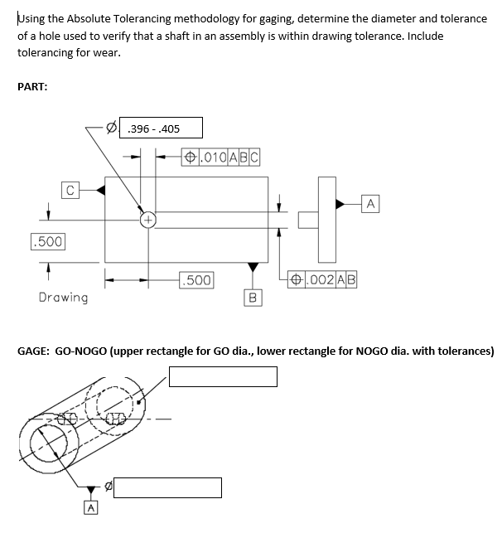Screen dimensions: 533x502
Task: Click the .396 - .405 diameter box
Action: [x=162, y=128]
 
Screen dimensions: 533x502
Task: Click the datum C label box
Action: [x=70, y=190]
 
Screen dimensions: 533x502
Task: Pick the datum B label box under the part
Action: [x=253, y=296]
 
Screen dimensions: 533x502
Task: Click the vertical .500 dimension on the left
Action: [x=47, y=241]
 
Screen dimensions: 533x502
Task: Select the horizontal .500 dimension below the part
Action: [x=196, y=279]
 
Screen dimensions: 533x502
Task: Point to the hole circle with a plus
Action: [x=147, y=220]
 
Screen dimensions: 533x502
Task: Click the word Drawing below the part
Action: [x=63, y=297]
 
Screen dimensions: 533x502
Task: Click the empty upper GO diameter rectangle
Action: [x=223, y=376]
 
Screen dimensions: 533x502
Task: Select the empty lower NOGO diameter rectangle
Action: [x=167, y=487]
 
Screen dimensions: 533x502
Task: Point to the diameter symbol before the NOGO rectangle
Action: [x=106, y=487]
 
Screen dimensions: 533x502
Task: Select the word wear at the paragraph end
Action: [x=106, y=52]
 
